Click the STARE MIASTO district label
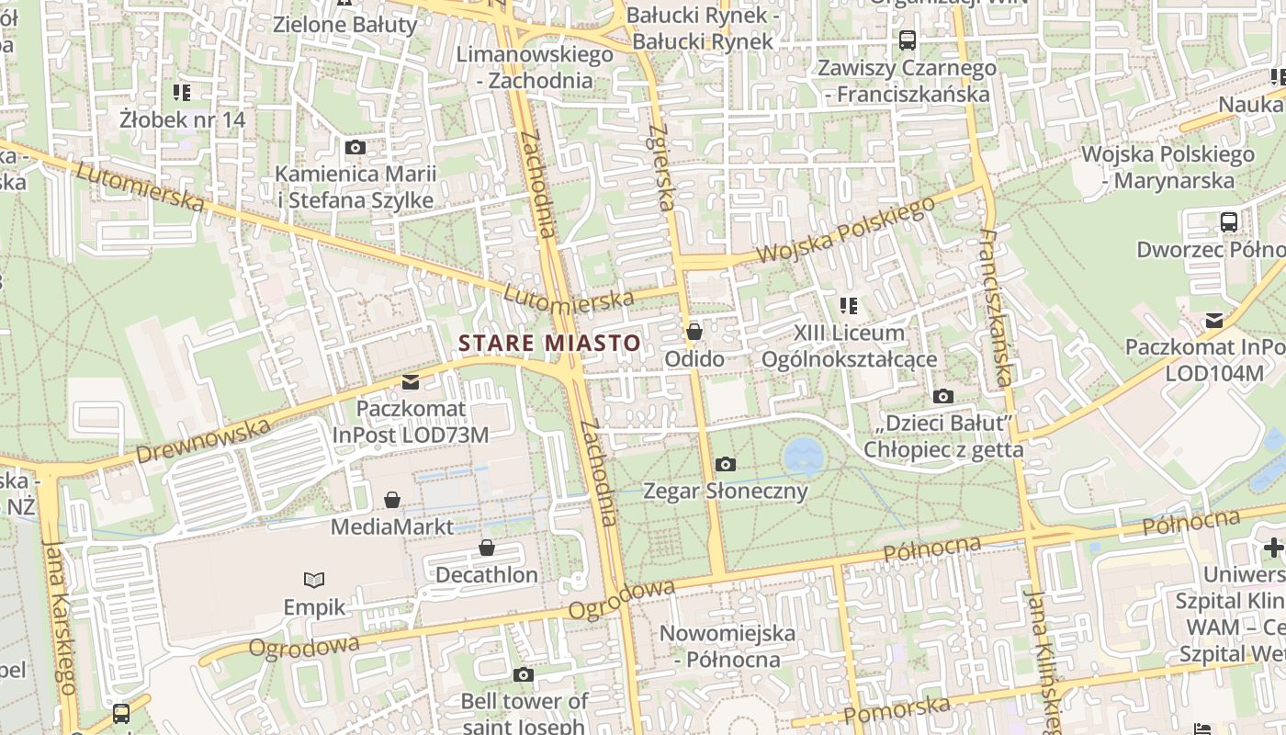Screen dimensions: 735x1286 549,344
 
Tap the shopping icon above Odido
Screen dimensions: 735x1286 694,332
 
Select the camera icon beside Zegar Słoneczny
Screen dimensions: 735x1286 725,465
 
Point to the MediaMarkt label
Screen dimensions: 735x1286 392,527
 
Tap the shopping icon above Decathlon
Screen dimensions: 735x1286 487,548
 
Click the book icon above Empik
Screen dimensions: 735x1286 314,580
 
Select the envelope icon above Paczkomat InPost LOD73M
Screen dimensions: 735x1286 410,382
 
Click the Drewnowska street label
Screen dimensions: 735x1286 203,441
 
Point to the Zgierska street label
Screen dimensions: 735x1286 661,166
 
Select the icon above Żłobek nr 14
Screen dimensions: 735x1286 182,93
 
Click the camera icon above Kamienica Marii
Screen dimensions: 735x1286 355,148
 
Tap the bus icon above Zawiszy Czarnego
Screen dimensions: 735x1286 908,40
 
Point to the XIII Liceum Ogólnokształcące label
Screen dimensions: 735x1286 849,346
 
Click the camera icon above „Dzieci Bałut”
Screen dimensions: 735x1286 942,397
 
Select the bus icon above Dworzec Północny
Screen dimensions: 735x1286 1229,222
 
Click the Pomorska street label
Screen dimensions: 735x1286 896,710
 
